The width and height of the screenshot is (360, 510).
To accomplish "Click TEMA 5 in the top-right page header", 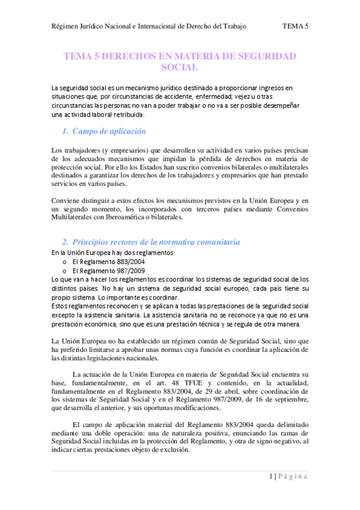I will pos(295,26).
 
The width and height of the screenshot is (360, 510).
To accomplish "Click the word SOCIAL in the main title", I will pos(180,67).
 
